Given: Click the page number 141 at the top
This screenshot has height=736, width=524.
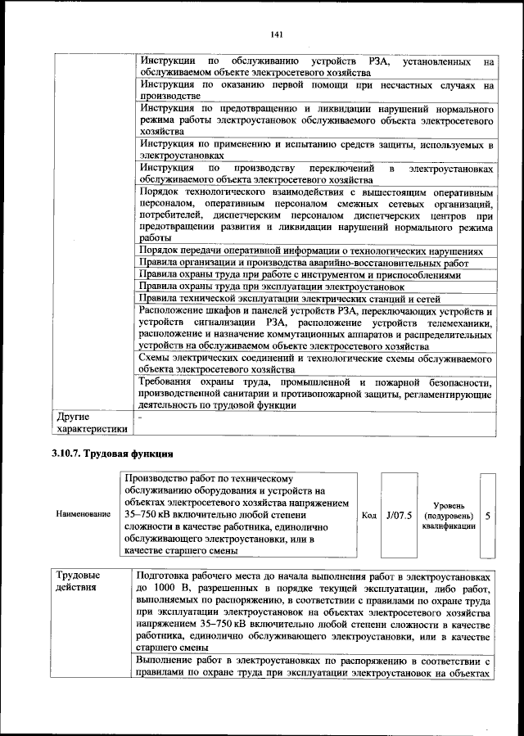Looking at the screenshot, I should [276, 34].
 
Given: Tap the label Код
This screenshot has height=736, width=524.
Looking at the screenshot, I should [368, 515].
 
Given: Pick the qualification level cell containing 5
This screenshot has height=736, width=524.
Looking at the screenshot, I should [488, 516].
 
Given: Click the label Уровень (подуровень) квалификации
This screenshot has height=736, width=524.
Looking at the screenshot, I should [448, 516].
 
